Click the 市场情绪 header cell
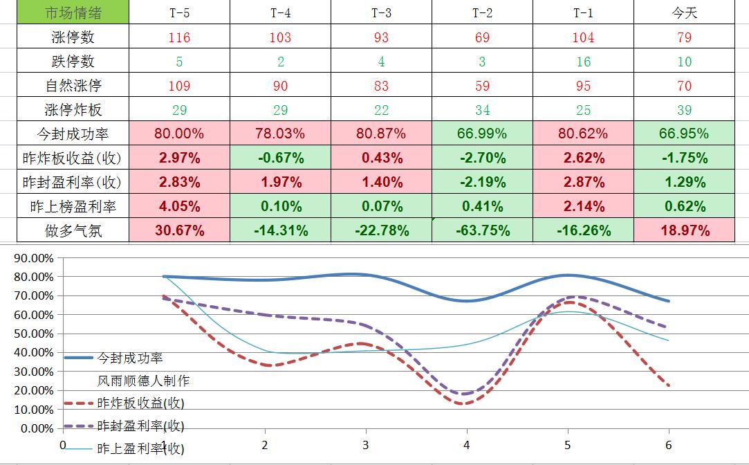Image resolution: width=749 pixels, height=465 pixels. point(73,13)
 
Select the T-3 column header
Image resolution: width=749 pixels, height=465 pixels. point(381,13)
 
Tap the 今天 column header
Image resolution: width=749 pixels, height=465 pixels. point(684,13)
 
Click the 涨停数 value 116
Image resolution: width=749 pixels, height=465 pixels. point(179,37)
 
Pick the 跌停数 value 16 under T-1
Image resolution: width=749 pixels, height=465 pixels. point(583,62)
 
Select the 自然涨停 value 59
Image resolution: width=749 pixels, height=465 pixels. point(482,86)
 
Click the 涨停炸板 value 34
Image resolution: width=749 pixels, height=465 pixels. point(482,110)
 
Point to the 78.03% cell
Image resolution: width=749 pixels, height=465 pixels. point(280,134)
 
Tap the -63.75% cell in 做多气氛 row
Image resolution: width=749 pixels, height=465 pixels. point(482,230)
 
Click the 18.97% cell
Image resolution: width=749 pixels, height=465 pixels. point(684,230)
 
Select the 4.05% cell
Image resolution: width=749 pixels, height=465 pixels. point(179,206)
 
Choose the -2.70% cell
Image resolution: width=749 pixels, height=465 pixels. point(482,158)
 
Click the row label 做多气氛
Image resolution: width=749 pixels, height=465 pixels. point(73,230)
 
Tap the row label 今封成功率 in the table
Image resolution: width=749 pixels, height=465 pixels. point(73,134)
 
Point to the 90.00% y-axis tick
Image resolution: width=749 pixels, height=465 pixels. point(33,258)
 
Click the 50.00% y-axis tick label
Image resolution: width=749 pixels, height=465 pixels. point(33,334)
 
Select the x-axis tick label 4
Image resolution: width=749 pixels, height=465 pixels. point(467,445)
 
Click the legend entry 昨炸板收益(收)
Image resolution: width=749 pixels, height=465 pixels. point(140,403)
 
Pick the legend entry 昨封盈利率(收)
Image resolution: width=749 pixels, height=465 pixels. point(140,426)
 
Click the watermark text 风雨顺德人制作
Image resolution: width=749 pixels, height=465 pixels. point(143,381)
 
